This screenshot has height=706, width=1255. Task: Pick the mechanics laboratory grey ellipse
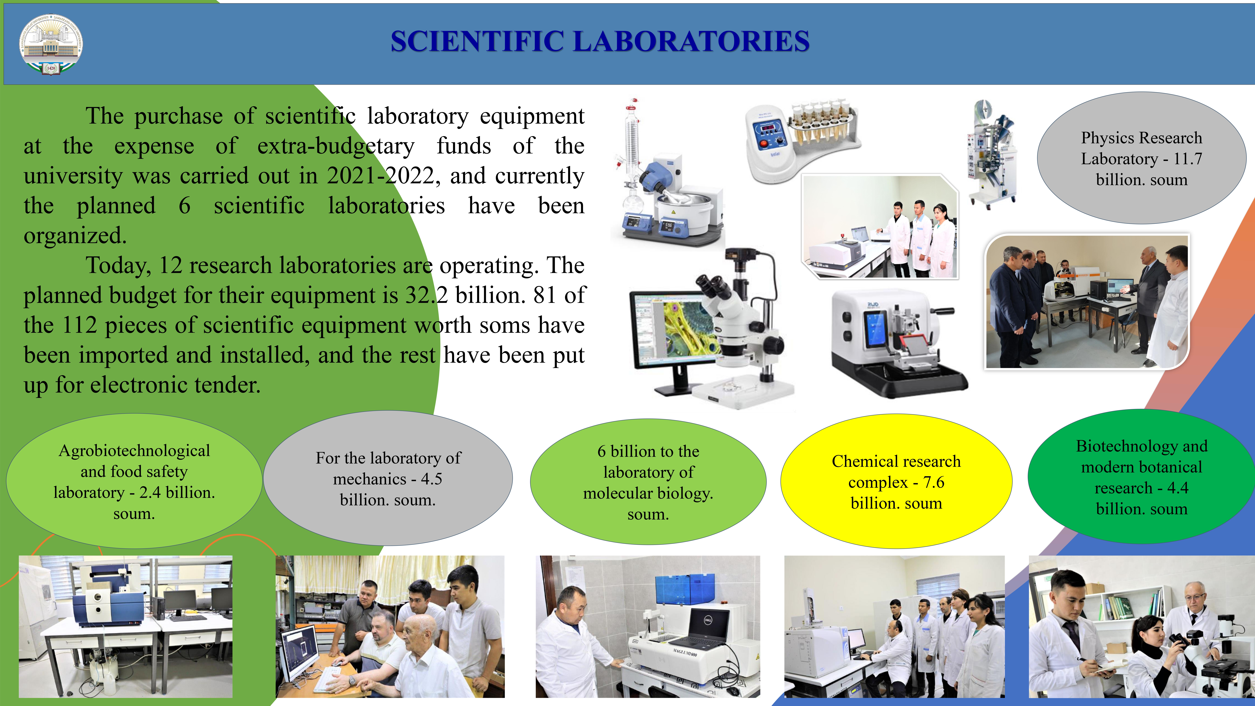tap(388, 478)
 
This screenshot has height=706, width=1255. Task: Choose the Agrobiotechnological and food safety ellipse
tap(134, 481)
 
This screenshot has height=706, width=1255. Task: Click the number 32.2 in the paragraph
tap(426, 295)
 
